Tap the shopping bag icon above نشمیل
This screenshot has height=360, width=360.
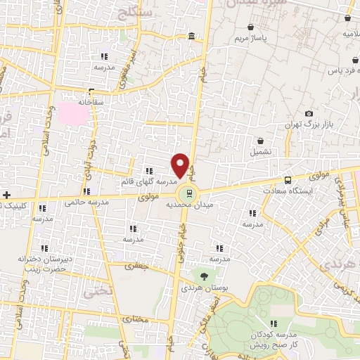pyautogui.click(x=261, y=141)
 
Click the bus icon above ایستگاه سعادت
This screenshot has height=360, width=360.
pyautogui.click(x=287, y=180)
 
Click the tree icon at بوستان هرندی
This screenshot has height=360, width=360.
pyautogui.click(x=204, y=276)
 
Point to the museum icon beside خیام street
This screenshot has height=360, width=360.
pyautogui.click(x=192, y=36)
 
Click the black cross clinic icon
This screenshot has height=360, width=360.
pyautogui.click(x=6, y=194)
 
